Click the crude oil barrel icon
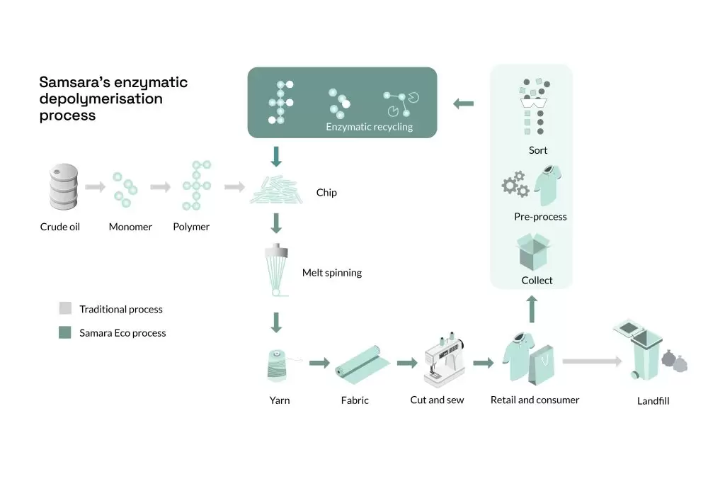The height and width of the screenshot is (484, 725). (x=63, y=186)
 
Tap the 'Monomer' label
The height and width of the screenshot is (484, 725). (x=130, y=227)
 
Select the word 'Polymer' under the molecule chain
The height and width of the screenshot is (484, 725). (x=191, y=227)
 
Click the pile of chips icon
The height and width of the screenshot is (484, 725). (x=276, y=190)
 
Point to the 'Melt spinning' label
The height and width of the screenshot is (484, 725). (x=332, y=273)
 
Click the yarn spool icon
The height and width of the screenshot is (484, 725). (x=278, y=366)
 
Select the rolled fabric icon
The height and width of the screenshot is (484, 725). (x=362, y=365)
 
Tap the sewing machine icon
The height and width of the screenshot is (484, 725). (x=445, y=360)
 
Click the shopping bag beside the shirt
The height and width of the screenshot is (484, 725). (x=541, y=365)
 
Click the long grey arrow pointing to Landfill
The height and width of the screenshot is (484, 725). (x=593, y=361)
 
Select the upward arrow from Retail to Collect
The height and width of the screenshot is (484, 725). (x=532, y=309)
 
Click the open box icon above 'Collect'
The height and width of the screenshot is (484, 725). (x=533, y=252)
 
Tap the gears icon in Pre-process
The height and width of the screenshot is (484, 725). (x=515, y=184)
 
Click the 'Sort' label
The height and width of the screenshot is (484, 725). (x=538, y=150)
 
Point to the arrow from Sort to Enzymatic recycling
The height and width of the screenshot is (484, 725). (x=463, y=103)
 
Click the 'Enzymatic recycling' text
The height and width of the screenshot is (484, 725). (x=369, y=127)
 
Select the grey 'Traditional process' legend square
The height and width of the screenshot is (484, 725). (x=65, y=308)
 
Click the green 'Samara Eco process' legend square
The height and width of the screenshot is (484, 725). (x=65, y=332)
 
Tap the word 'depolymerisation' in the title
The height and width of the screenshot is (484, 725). (x=101, y=99)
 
